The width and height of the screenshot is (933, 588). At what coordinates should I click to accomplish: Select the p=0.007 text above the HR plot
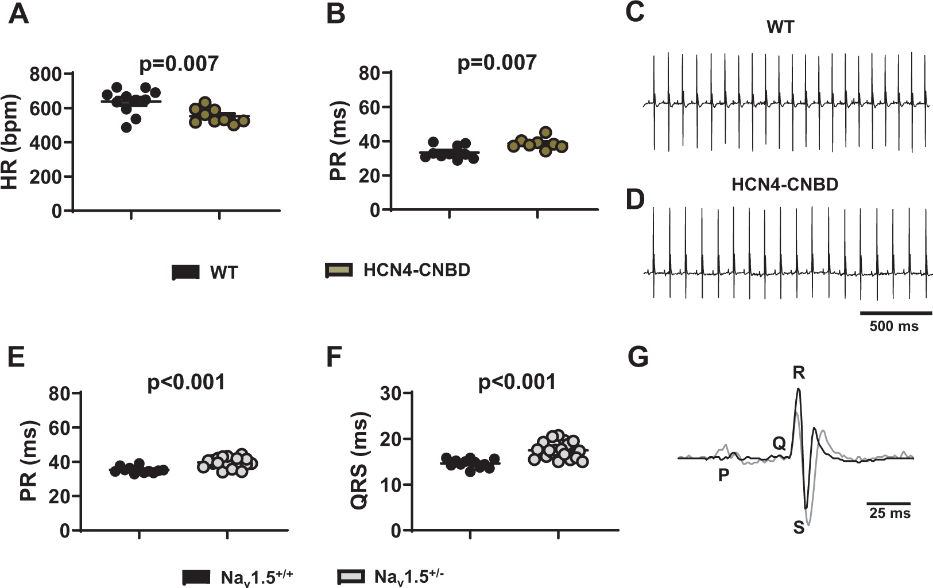179,64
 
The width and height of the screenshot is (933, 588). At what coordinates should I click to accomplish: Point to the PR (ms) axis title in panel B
339,141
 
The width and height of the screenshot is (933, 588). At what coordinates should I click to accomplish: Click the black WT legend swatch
186,272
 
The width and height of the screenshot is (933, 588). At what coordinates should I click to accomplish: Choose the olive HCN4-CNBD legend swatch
339,270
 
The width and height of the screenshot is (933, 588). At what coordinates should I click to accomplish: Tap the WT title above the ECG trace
780,27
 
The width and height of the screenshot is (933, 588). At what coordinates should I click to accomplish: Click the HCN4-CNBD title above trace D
784,185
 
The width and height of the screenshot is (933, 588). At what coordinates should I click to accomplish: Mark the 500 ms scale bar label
893,326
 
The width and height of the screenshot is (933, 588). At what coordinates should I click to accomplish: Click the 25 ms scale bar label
889,513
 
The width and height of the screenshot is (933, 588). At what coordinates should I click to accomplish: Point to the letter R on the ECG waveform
799,373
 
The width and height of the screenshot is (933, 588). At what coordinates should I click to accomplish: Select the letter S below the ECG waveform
799,528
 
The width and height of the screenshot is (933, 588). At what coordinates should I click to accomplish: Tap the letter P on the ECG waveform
723,475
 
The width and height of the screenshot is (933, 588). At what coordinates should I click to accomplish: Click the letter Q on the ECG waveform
779,443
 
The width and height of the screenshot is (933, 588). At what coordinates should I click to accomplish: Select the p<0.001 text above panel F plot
517,382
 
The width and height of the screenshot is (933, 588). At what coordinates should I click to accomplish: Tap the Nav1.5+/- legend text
409,576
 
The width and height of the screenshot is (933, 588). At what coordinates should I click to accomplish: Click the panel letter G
638,357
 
